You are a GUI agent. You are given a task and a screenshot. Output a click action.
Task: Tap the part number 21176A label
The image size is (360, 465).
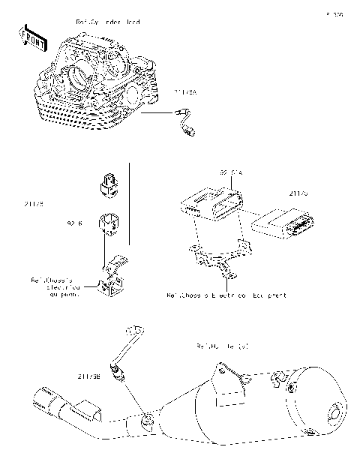(185, 92)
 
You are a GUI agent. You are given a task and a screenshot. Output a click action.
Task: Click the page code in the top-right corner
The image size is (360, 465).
(334, 14)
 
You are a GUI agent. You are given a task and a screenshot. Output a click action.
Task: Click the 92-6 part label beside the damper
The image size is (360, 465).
(74, 223)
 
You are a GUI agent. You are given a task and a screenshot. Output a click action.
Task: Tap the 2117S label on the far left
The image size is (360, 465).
(33, 202)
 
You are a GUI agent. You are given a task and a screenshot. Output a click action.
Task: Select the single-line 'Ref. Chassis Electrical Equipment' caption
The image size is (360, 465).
(226, 296)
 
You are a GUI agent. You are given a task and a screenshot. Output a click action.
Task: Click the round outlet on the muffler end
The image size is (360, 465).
(335, 414)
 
